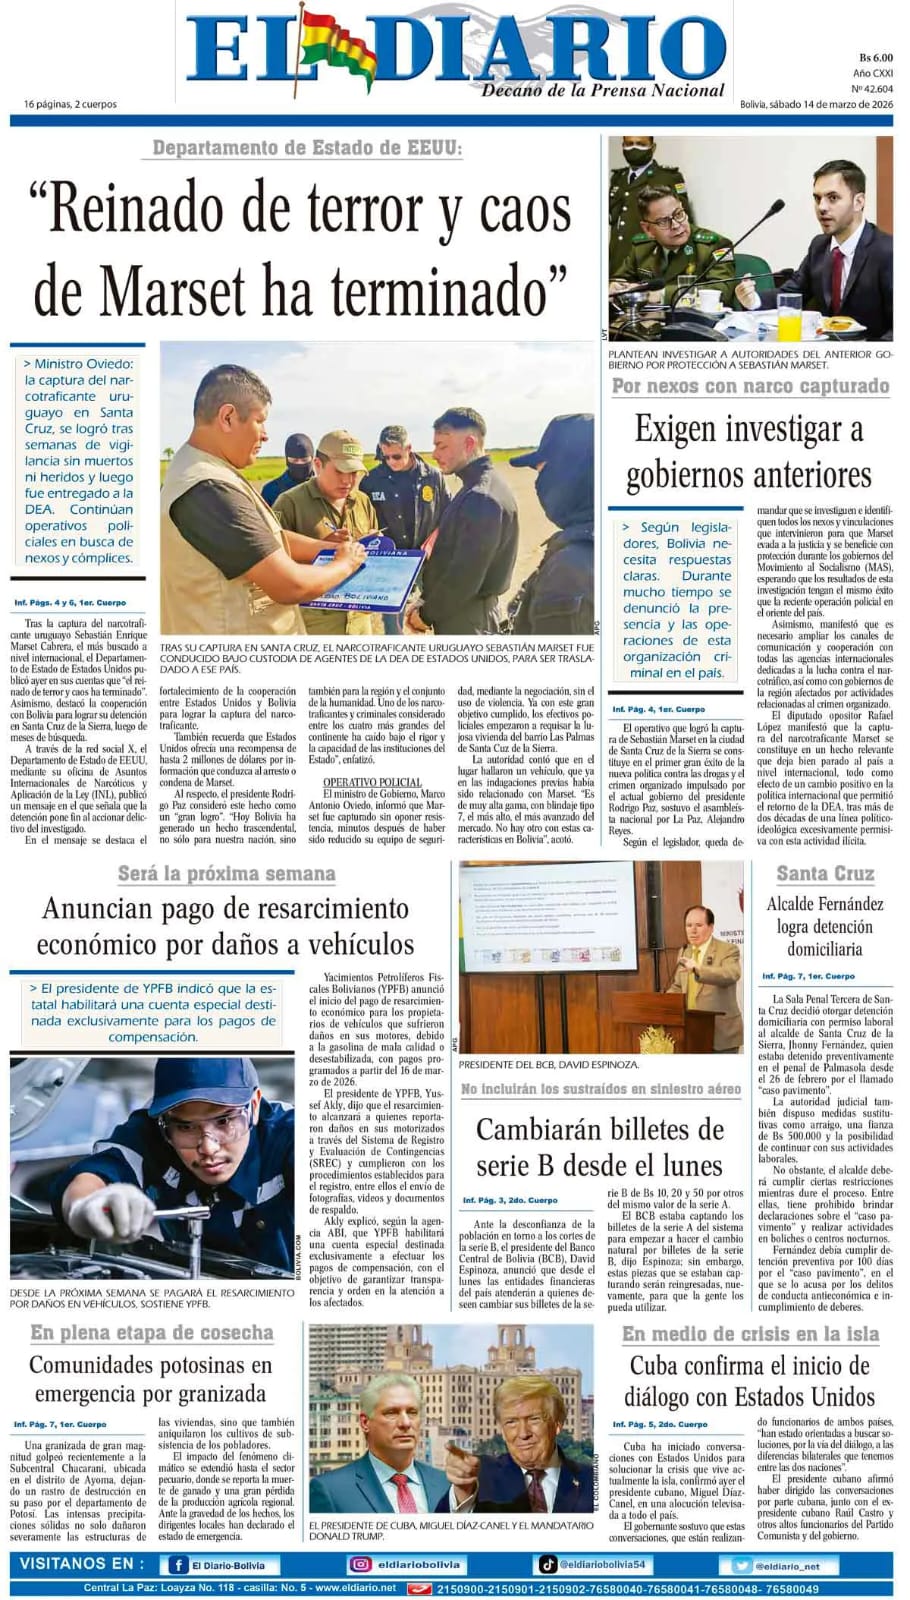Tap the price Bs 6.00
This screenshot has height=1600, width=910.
pos(875,58)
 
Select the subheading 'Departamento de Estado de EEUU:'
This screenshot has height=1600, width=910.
pos(308,149)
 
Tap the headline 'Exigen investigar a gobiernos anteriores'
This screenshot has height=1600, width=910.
pos(748,452)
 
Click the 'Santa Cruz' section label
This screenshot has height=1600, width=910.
pos(825,873)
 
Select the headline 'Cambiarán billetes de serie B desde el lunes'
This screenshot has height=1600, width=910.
pos(598,1147)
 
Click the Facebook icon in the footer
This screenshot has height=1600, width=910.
pos(179,1565)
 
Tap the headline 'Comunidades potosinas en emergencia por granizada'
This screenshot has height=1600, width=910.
pos(150,1379)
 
